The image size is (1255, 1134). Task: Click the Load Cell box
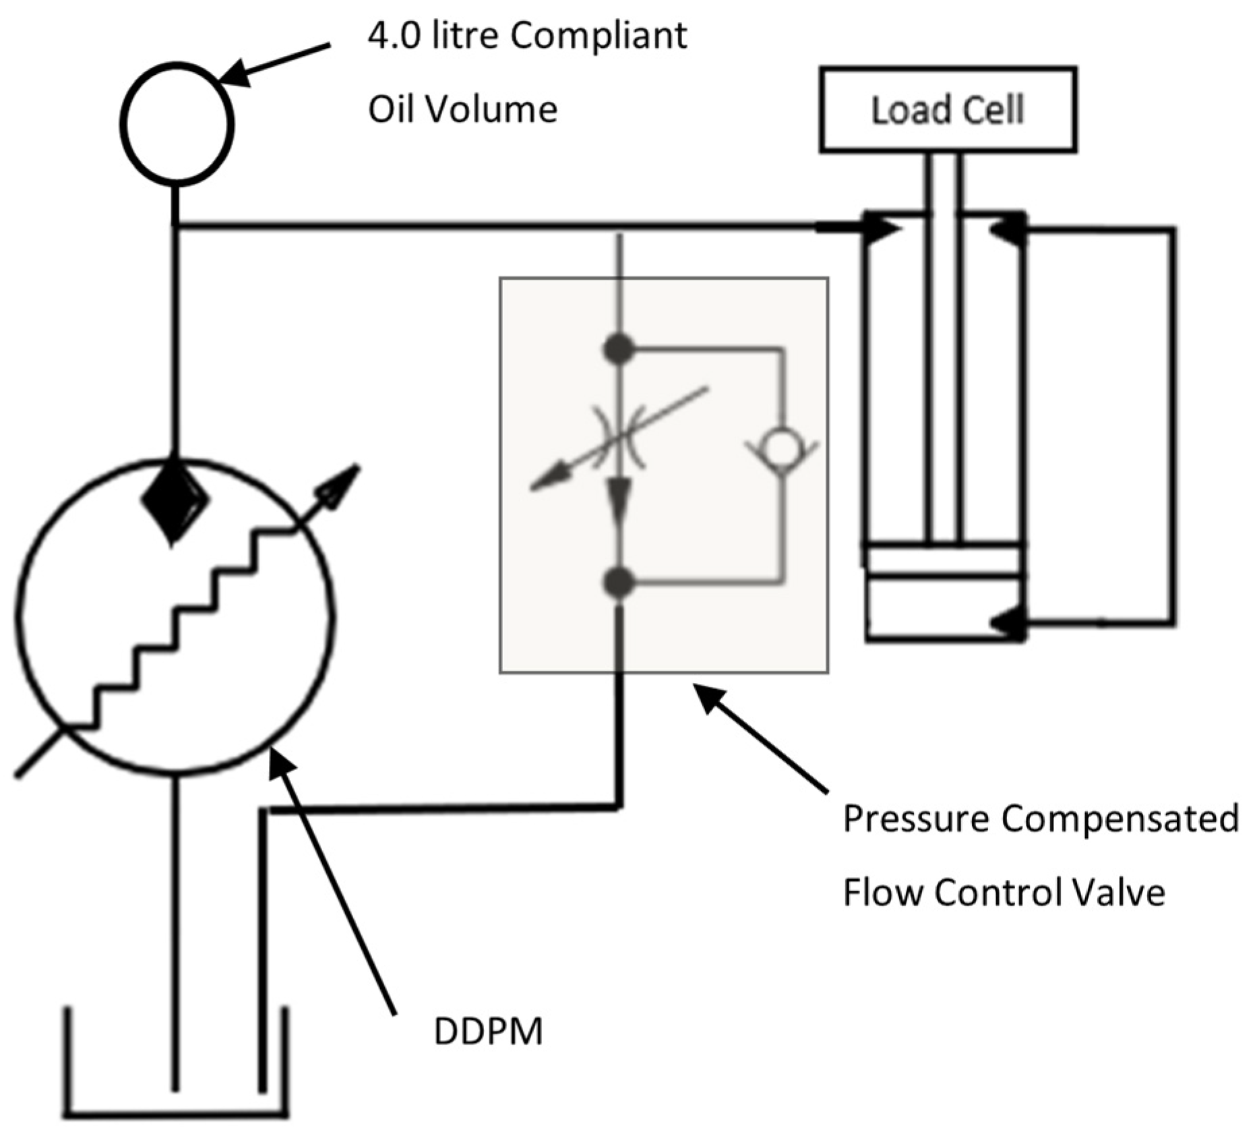tap(948, 110)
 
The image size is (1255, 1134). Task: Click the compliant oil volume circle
tap(177, 123)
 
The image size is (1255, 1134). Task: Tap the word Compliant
tap(598, 36)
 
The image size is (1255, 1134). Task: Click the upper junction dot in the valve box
tap(618, 349)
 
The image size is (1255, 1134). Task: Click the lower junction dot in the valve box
tap(618, 583)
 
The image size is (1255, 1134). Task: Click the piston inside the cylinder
tap(944, 561)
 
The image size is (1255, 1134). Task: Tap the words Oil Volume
tap(462, 109)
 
